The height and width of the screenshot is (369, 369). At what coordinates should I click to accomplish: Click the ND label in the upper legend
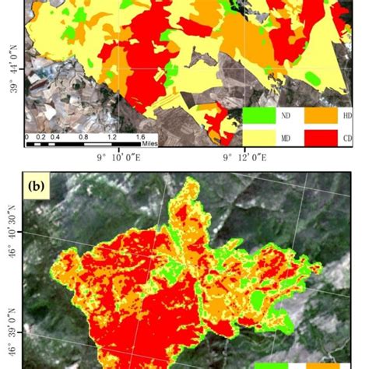(x=286, y=115)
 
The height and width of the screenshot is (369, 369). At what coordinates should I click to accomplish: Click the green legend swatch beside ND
(x=259, y=115)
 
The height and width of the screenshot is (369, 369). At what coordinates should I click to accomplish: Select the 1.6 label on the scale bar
(x=141, y=137)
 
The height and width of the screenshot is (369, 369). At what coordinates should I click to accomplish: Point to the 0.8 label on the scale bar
(x=83, y=137)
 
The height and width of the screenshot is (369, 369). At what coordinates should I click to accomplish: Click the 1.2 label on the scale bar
(x=112, y=137)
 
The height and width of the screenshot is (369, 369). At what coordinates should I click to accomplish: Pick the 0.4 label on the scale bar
(x=54, y=137)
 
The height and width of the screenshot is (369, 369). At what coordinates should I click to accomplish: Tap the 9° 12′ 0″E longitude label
(x=244, y=160)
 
